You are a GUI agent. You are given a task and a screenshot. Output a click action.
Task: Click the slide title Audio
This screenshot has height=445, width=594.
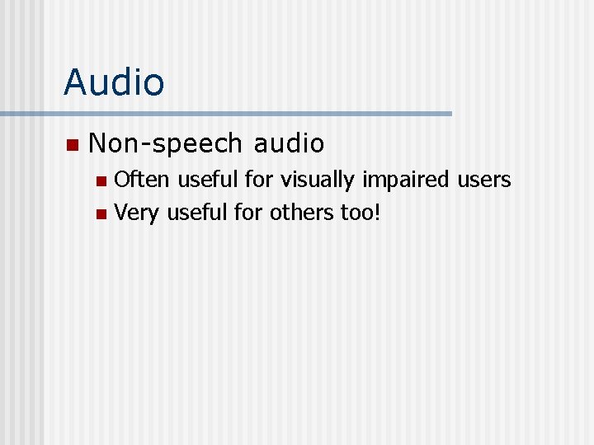[114, 82]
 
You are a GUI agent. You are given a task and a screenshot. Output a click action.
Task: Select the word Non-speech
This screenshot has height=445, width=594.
[165, 143]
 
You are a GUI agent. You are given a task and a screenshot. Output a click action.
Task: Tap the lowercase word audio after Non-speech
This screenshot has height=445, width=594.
[290, 143]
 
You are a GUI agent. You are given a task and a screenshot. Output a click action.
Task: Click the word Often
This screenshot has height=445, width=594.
[143, 179]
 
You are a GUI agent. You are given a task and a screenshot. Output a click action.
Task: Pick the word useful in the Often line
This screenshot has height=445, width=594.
[205, 179]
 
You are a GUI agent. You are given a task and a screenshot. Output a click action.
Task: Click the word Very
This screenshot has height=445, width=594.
[137, 213]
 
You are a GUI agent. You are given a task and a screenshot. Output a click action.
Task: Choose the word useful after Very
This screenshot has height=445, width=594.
[196, 213]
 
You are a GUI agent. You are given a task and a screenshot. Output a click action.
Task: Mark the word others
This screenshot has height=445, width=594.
[302, 213]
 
